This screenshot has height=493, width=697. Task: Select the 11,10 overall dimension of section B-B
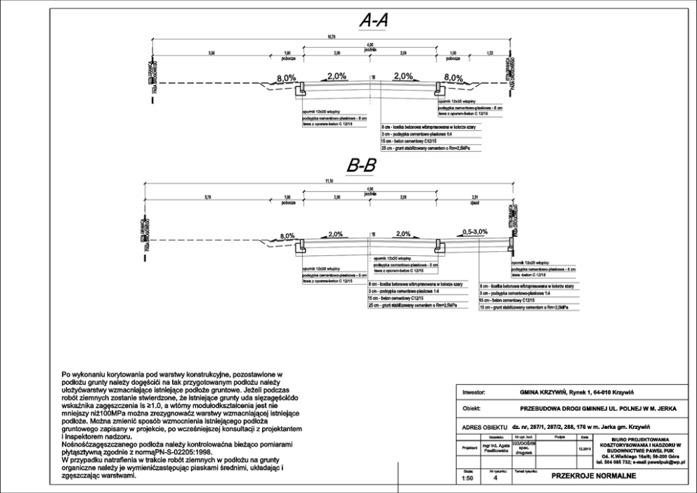click(329, 181)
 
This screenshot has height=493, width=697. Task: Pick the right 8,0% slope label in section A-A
click(454, 78)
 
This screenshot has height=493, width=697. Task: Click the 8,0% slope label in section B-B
click(290, 236)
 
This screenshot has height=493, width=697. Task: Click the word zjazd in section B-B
click(476, 203)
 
